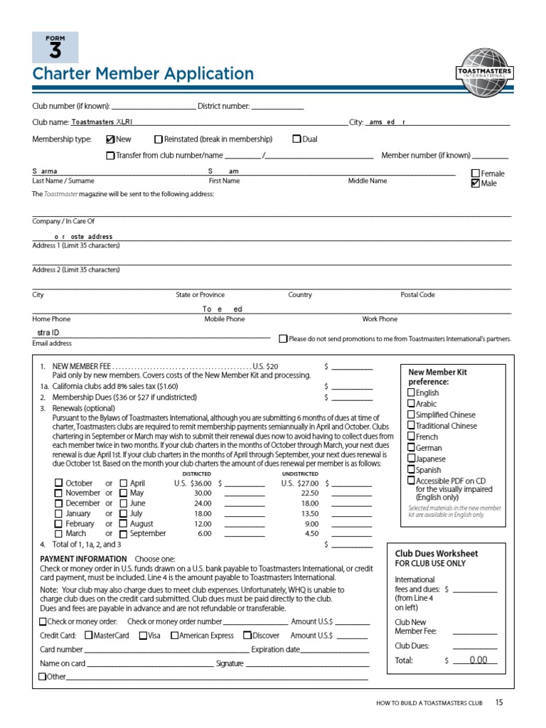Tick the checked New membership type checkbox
[110, 139]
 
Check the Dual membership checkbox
[296, 139]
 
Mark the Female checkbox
[476, 173]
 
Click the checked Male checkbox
[476, 183]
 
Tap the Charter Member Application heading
[143, 74]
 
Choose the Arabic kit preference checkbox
[411, 404]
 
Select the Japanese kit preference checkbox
[411, 459]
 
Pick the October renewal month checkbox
[59, 483]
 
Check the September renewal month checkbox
[124, 533]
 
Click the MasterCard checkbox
[88, 636]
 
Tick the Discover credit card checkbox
[247, 636]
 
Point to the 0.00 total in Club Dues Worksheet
[478, 660]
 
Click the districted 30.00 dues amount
[203, 493]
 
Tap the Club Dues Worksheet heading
[436, 554]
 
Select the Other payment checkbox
[43, 677]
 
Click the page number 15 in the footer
[499, 703]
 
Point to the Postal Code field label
[417, 294]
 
